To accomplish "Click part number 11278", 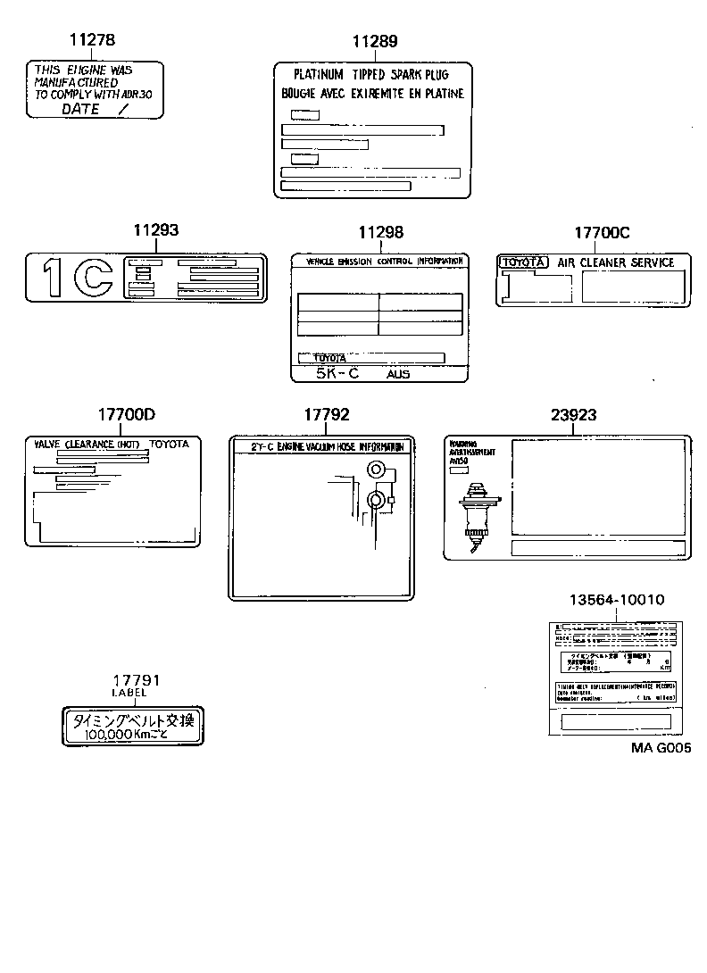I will [x=92, y=40].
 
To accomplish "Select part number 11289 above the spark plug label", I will [x=374, y=41].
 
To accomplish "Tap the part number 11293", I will [x=156, y=230].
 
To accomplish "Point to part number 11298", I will [x=380, y=232].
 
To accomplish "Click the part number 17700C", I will [x=602, y=232].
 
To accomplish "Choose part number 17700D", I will [x=126, y=415].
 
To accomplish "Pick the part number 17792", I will [x=327, y=415].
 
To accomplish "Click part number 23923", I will [x=574, y=415].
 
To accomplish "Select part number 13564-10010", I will [x=616, y=600].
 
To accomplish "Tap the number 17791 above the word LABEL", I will [x=132, y=679].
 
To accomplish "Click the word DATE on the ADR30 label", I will [x=80, y=109].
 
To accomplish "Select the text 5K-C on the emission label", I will [x=337, y=373].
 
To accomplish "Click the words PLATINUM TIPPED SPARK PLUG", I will [x=370, y=75].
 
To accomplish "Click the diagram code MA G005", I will [x=661, y=748].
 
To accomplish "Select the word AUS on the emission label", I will [x=398, y=374].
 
